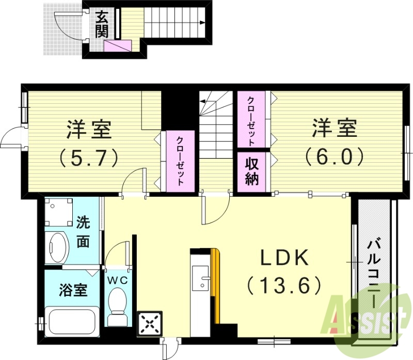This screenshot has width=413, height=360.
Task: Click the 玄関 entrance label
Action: pyautogui.click(x=101, y=24)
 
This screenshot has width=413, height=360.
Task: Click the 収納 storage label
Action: pyautogui.click(x=252, y=172)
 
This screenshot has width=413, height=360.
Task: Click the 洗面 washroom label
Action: pyautogui.click(x=83, y=232)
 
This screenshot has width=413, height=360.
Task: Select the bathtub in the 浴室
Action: pyautogui.click(x=72, y=321)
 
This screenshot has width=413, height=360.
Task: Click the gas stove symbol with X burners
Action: pyautogui.click(x=150, y=324)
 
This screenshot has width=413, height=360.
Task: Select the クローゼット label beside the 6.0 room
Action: pyautogui.click(x=251, y=120)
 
